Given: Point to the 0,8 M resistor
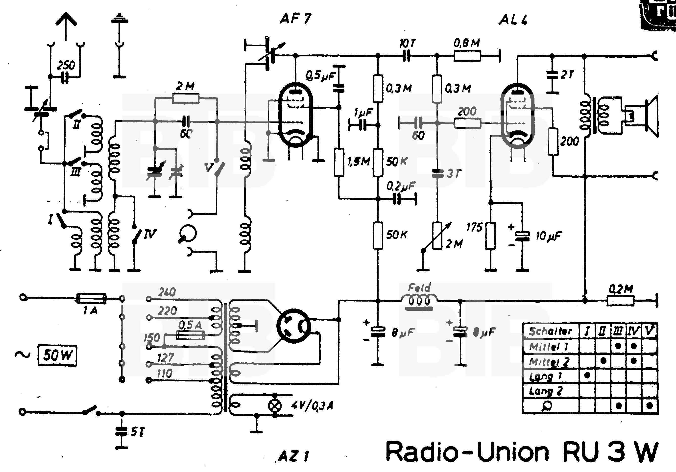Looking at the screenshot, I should (467, 56).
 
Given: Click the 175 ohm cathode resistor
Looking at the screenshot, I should (490, 236).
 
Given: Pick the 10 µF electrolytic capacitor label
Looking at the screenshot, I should (548, 236).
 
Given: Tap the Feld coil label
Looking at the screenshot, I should (419, 287).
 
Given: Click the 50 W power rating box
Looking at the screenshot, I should (57, 355).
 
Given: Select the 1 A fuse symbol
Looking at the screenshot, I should (91, 298).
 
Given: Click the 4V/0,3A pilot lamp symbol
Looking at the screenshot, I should (275, 406).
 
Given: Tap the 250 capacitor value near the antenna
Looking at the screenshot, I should (66, 65).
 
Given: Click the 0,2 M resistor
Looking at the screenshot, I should (621, 301).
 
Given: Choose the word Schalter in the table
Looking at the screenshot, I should (550, 331).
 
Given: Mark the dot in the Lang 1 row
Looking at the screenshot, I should (587, 375).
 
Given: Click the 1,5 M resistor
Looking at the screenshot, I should (339, 163).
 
